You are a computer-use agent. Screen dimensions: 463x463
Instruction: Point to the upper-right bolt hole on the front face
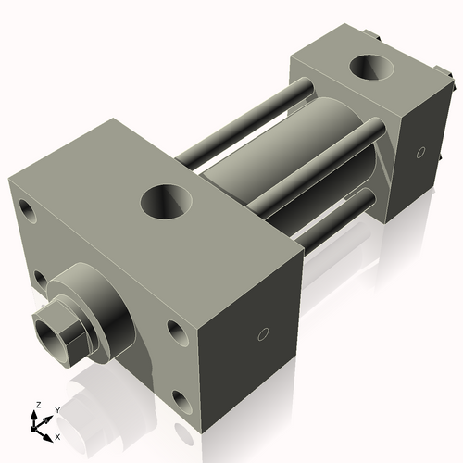pyautogui.click(x=176, y=331)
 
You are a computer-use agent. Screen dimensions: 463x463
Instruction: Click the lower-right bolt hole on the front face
pyautogui.click(x=180, y=401)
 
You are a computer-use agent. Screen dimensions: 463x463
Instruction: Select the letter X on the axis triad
pyautogui.click(x=57, y=435)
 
